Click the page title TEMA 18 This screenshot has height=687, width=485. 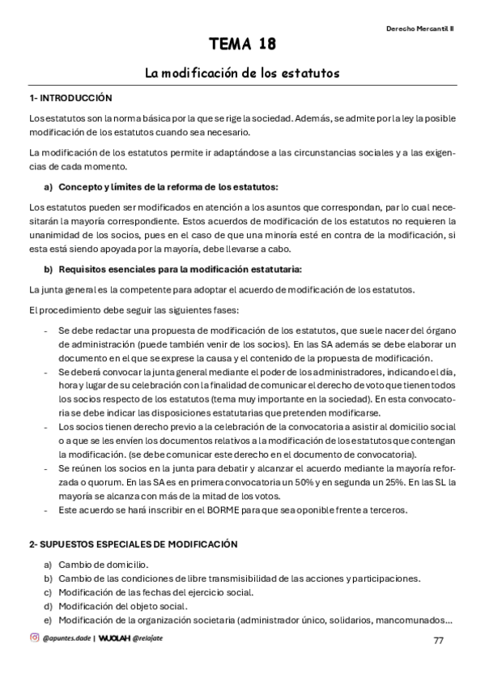click(242, 44)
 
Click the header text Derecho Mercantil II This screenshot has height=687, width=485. click(419, 27)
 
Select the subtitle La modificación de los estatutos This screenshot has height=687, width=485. click(242, 73)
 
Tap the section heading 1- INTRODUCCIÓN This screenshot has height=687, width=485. click(70, 98)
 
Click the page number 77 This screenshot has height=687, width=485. click(438, 641)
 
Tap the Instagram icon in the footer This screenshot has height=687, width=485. click(34, 638)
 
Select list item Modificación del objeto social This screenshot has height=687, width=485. click(122, 605)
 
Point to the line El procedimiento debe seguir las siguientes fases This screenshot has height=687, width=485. click(136, 310)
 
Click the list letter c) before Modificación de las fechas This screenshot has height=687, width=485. click(48, 591)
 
